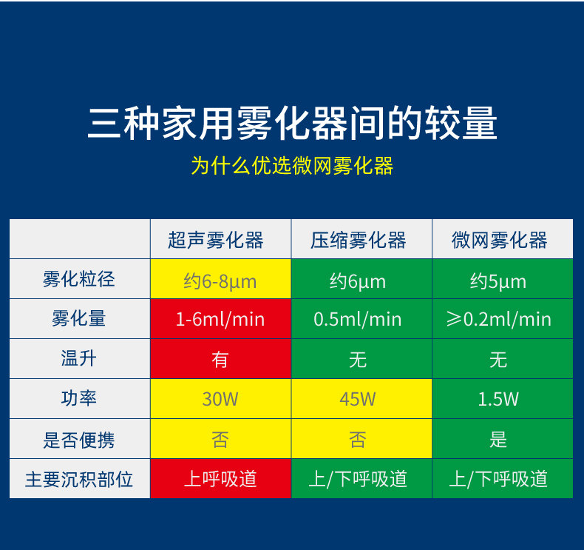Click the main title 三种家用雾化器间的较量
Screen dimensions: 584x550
pos(293,124)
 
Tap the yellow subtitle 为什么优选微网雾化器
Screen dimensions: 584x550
pos(293,166)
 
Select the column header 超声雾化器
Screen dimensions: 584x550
pos(216,240)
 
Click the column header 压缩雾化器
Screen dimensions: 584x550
pos(359,240)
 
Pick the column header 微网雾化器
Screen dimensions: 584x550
pos(500,240)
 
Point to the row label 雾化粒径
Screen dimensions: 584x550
pos(79,279)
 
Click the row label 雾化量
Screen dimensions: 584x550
pos(79,318)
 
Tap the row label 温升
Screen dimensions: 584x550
pos(79,358)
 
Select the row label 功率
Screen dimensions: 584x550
pos(79,398)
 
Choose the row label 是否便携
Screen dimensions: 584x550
pos(79,440)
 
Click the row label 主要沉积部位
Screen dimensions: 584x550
pos(79,479)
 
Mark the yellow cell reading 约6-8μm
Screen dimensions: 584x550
pos(220,279)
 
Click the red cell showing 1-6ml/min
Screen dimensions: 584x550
pos(220,319)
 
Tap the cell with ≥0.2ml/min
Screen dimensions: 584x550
pos(503,319)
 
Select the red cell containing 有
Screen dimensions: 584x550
pos(220,359)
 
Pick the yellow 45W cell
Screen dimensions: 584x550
pos(361,398)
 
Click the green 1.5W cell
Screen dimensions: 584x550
pos(503,398)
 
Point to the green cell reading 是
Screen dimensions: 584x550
pos(503,438)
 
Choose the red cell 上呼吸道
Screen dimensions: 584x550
pos(220,478)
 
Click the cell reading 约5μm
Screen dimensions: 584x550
pos(503,279)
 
